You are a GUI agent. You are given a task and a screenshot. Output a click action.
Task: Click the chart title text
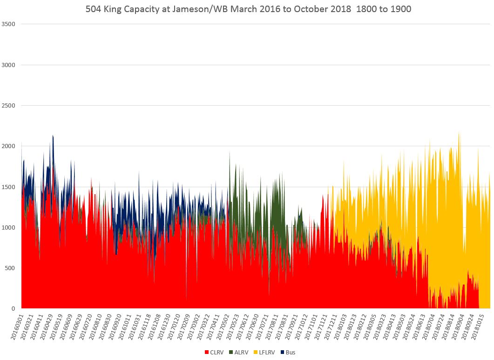[248, 9]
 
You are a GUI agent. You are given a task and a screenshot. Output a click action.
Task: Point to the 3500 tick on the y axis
[10, 24]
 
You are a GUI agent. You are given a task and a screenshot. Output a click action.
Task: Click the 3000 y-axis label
[10, 65]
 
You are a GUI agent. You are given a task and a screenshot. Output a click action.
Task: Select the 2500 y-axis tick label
[10, 106]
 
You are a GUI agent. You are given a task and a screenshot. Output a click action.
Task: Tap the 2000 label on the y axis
[10, 146]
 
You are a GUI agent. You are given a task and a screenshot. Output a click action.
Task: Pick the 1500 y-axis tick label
[10, 187]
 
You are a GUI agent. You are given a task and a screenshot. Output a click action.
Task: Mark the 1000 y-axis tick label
[10, 227]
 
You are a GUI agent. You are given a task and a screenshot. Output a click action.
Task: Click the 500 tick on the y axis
[12, 268]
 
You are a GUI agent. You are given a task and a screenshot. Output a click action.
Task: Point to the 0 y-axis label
[14, 308]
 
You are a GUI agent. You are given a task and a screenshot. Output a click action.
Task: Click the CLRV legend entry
[214, 352]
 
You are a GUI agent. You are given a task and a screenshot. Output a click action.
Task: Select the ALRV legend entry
[240, 352]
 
